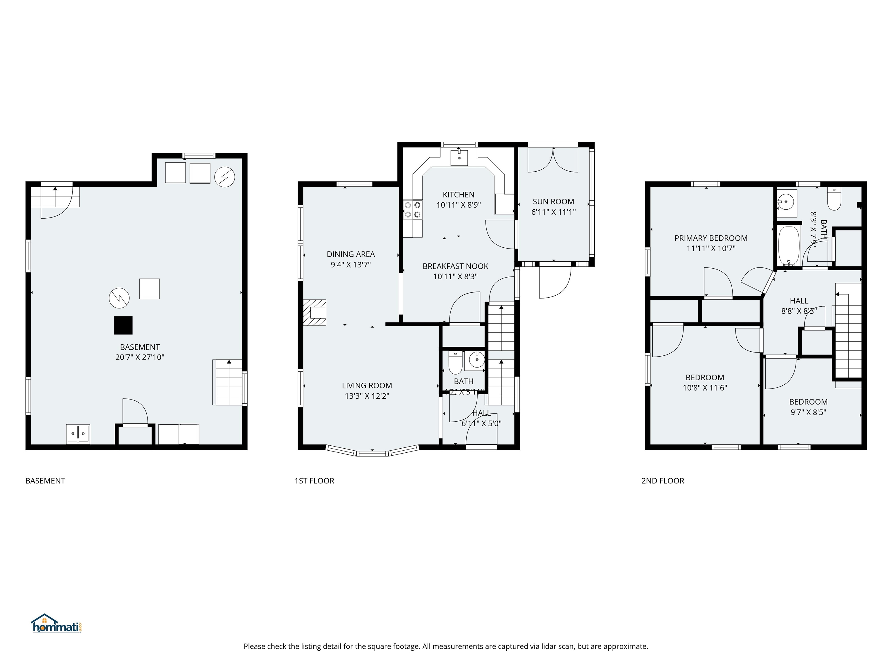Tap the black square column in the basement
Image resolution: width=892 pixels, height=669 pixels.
point(123,325)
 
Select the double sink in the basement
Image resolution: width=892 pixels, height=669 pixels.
point(78,434)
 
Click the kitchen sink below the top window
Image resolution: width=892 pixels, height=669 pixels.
point(459,158)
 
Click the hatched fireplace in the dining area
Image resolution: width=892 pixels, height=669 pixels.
point(315,312)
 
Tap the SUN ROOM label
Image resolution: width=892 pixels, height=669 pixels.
point(553,202)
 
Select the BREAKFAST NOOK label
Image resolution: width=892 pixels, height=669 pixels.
point(455,266)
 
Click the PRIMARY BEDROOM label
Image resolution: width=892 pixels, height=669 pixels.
point(711,238)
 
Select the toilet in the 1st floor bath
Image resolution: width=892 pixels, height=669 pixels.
point(455,364)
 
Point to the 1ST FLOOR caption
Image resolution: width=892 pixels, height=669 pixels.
point(314,481)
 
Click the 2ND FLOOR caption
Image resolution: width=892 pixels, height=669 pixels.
point(663,481)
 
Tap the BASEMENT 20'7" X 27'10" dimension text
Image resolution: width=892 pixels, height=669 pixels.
point(140,357)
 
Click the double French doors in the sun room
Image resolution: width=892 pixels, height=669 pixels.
point(553,160)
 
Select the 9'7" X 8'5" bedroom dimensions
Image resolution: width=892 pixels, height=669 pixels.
point(808,412)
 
